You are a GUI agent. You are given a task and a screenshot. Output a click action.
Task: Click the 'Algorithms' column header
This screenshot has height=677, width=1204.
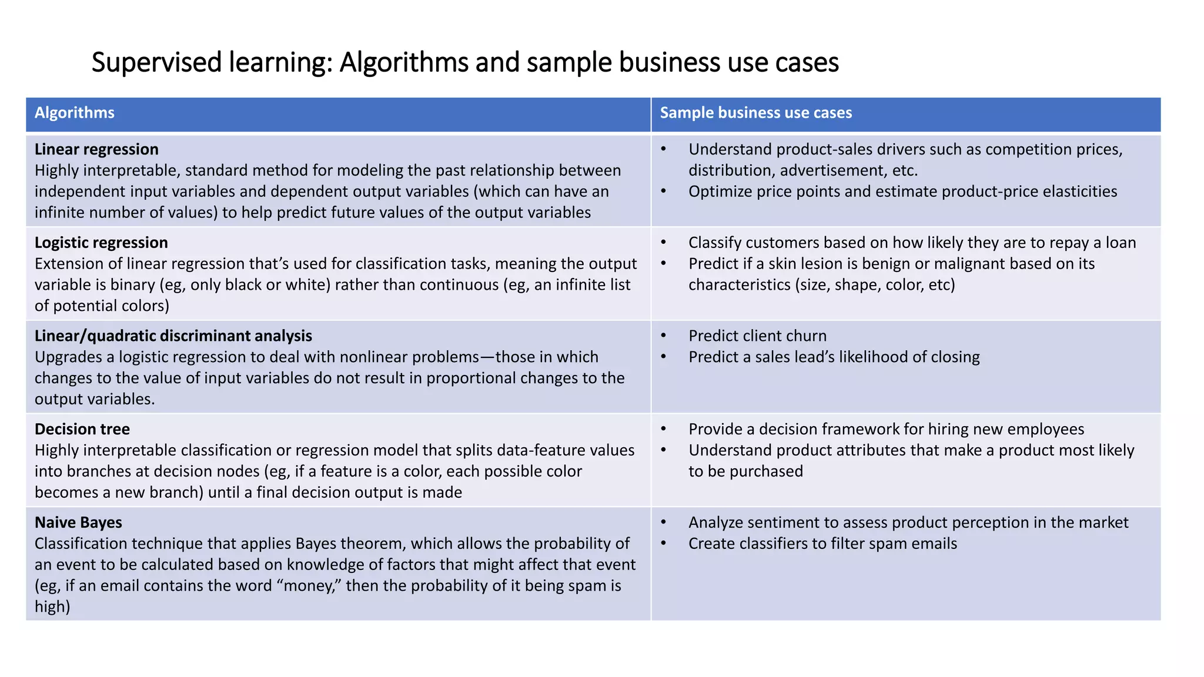click(75, 113)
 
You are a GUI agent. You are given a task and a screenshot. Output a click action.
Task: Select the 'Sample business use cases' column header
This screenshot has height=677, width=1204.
click(755, 113)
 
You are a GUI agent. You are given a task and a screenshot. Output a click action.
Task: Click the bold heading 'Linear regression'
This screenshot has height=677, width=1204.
click(96, 149)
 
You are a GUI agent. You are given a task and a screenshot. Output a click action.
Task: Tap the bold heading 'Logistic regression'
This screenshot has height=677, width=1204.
click(101, 243)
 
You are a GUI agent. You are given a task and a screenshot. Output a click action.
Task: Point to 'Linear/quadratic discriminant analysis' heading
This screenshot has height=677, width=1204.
click(173, 336)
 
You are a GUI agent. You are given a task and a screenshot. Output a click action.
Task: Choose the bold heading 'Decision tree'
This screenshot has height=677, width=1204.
click(82, 430)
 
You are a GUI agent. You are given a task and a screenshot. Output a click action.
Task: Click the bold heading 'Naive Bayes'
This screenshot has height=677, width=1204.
click(78, 522)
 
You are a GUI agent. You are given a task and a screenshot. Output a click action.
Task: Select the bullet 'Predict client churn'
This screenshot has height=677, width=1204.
click(757, 336)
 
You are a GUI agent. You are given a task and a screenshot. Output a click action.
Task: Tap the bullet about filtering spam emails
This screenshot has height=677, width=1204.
click(822, 544)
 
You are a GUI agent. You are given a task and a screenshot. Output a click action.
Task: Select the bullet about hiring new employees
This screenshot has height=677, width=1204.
click(886, 430)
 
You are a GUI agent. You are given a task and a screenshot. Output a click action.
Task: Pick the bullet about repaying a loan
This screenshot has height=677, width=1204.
click(912, 243)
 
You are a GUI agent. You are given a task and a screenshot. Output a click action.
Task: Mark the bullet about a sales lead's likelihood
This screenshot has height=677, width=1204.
click(834, 357)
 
